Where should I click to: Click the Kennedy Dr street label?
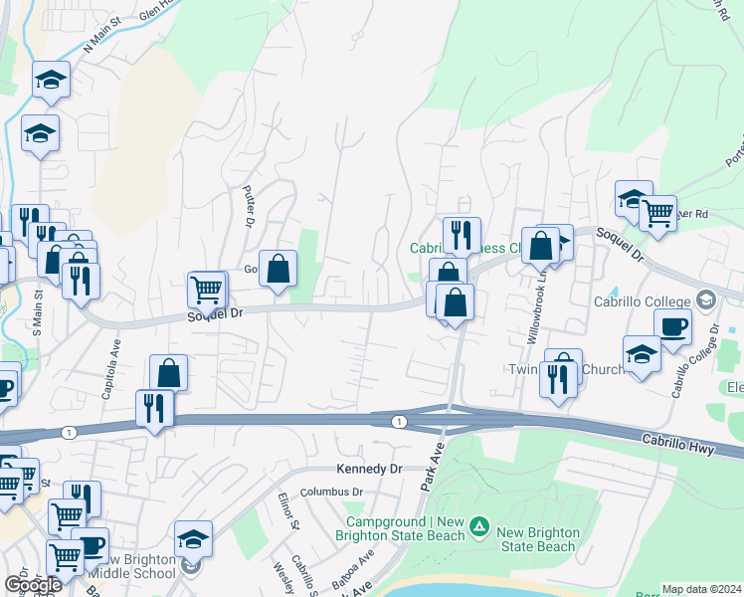coord(368,468)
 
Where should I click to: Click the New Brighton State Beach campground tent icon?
coord(480,524)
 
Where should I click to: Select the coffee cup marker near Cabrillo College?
coord(672,326)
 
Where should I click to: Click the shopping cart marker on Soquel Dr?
coord(206,290)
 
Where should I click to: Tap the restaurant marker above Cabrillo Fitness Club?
coord(462,235)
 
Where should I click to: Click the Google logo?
coord(32,585)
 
